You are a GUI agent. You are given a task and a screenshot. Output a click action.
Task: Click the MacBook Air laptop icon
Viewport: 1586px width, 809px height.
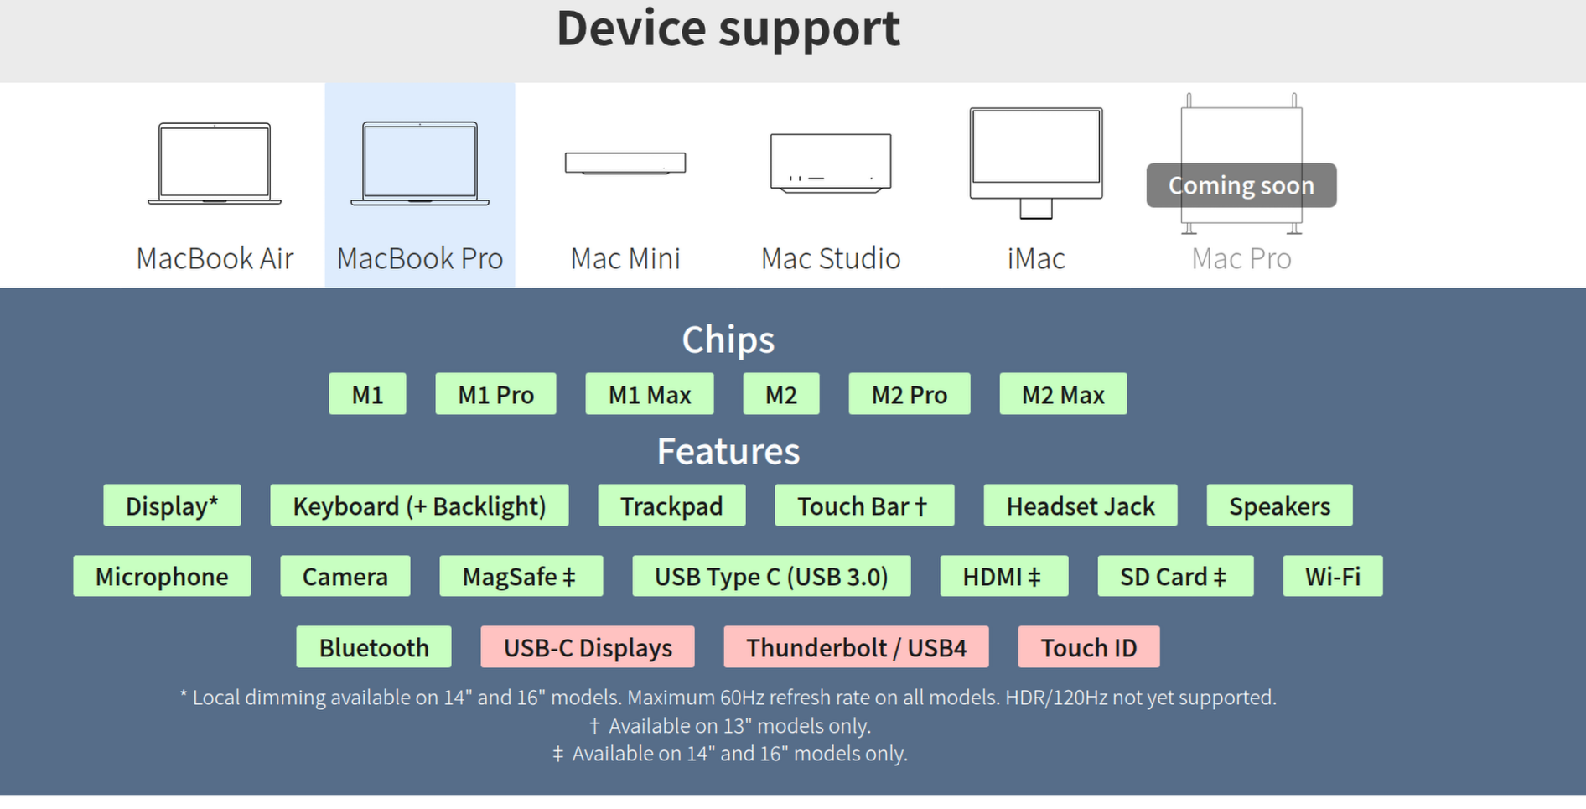(215, 163)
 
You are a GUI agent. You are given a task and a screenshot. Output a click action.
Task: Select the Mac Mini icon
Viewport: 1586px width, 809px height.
(625, 163)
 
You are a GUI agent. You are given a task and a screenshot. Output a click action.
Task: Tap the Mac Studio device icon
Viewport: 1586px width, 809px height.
(831, 163)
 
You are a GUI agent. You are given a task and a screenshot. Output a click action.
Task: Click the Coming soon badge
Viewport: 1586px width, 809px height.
(1241, 185)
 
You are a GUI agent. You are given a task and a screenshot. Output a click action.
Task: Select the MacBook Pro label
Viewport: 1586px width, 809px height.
(420, 259)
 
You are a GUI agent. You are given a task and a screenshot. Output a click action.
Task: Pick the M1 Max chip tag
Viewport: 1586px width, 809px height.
(650, 394)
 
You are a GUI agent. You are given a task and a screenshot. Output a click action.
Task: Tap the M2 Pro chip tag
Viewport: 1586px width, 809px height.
(910, 394)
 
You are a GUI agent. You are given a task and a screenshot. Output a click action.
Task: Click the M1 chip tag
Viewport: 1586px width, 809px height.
(367, 394)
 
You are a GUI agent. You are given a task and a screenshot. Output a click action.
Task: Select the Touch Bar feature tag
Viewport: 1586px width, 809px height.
(864, 506)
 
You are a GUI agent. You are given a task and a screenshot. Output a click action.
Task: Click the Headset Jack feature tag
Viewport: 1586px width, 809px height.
(1080, 506)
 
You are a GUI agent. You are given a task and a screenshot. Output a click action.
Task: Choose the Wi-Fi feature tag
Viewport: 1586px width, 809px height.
(1332, 576)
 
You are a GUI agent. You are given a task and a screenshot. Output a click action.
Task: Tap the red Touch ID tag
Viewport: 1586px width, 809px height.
(1088, 647)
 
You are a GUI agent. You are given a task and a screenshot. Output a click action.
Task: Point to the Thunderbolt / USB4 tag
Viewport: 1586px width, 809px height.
(856, 647)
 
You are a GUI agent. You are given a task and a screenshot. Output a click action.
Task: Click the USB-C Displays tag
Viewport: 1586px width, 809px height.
(588, 647)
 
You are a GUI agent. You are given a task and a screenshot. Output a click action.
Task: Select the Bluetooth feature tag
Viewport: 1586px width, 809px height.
(374, 647)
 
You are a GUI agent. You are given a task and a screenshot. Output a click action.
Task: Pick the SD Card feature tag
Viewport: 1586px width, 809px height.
(1175, 576)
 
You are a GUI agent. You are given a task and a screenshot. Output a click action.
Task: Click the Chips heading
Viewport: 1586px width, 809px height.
(728, 340)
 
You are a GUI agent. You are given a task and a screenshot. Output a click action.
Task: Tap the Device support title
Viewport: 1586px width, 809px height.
(728, 29)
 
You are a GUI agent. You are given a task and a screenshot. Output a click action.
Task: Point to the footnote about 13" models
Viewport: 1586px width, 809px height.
(729, 726)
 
